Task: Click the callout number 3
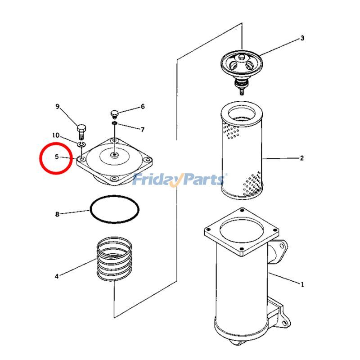[302, 38]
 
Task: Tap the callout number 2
[301, 158]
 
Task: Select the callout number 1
[302, 284]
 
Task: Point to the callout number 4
[57, 276]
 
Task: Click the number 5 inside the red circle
[57, 157]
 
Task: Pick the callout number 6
[143, 106]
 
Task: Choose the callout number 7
[143, 130]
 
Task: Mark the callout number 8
[57, 214]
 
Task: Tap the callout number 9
[58, 107]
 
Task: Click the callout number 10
[56, 135]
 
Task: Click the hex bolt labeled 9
[81, 132]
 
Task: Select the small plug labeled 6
[114, 114]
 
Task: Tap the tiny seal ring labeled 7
[115, 124]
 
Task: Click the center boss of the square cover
[114, 155]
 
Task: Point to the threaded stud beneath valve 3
[242, 91]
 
